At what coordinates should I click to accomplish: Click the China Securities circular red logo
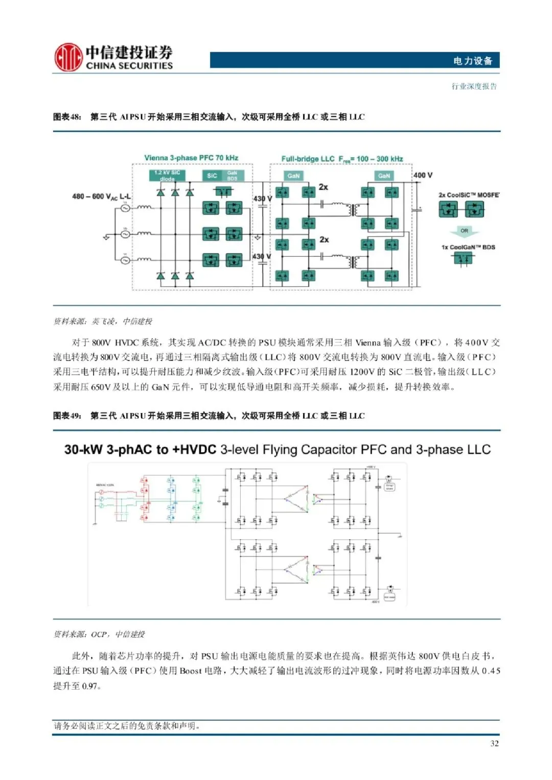click(68, 57)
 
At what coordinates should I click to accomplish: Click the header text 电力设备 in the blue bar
click(472, 61)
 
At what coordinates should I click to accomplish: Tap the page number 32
click(494, 743)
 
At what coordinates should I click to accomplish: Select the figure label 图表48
click(67, 117)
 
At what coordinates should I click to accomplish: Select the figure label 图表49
click(67, 416)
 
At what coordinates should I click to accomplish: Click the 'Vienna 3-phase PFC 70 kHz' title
click(191, 158)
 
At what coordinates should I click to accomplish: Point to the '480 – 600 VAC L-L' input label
click(101, 197)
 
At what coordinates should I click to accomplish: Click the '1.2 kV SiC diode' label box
click(167, 176)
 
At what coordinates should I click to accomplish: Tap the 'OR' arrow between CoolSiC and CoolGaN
click(464, 231)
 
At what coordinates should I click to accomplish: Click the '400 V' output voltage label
click(423, 175)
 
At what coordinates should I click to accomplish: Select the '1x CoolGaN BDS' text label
click(468, 247)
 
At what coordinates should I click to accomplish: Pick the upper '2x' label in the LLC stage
click(323, 187)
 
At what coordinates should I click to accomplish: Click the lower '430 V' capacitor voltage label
click(262, 256)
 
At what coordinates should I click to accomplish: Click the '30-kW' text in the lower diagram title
click(83, 450)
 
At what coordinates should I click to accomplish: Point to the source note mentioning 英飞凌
click(103, 321)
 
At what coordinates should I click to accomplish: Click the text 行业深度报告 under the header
click(474, 86)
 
